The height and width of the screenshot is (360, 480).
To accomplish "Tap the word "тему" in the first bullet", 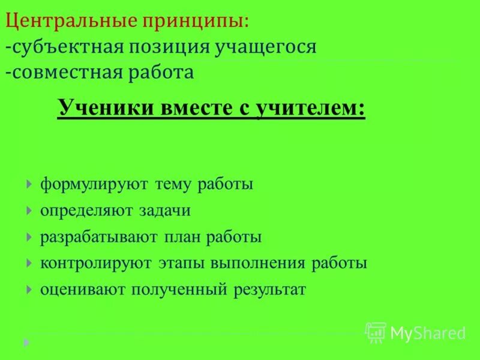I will pos(173,184).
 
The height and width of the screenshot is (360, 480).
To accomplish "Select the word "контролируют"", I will pos(97,263).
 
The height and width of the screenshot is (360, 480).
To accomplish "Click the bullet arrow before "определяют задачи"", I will pos(29,211).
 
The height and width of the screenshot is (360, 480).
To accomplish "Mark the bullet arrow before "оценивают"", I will pos(29,289).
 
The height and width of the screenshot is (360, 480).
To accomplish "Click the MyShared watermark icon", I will pos(376,332).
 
